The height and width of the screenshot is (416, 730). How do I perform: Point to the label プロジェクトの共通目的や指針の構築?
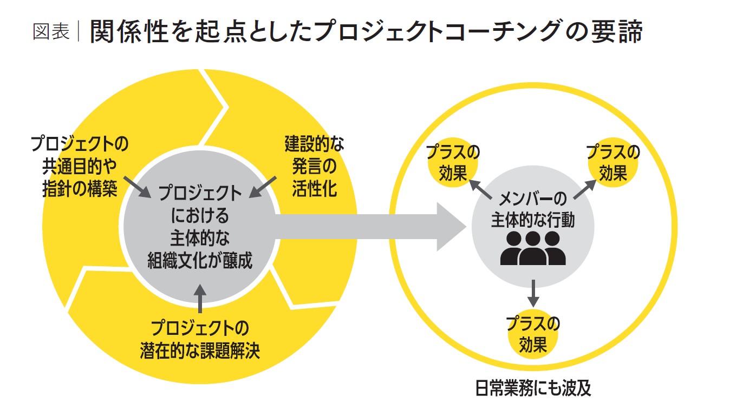[80, 167]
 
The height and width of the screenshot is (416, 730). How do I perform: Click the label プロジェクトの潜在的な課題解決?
[200, 340]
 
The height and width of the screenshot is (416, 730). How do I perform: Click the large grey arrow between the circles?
[368, 227]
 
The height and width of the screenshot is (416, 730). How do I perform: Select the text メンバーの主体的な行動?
[533, 208]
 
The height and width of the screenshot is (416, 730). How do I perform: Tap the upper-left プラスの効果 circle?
[453, 163]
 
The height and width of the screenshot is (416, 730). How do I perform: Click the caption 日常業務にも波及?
[533, 388]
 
